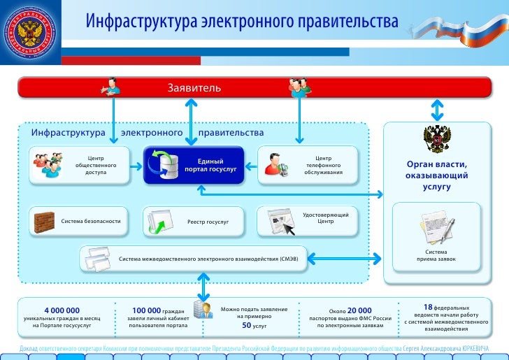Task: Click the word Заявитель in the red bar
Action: pyautogui.click(x=194, y=88)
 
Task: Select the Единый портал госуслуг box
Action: pyautogui.click(x=194, y=165)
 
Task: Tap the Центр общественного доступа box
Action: pyautogui.click(x=79, y=165)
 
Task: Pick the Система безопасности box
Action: pyautogui.click(x=79, y=221)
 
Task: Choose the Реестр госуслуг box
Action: pyautogui.click(x=194, y=221)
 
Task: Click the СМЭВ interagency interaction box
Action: pyautogui.click(x=194, y=259)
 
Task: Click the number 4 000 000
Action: pyautogui.click(x=62, y=310)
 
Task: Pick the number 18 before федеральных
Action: pyautogui.click(x=428, y=307)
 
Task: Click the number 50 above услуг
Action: pyautogui.click(x=246, y=325)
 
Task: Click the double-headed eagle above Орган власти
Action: pyautogui.click(x=436, y=139)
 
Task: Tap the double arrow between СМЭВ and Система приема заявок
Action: pyautogui.click(x=343, y=259)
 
